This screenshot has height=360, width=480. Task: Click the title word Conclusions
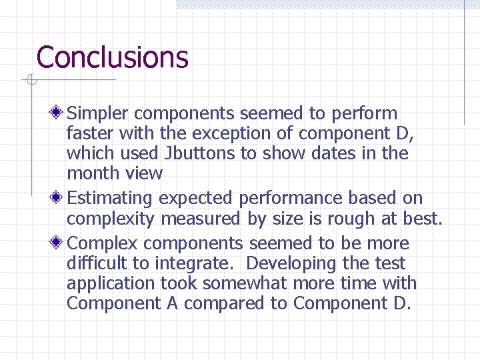point(112,57)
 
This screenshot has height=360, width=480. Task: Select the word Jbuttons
point(199,153)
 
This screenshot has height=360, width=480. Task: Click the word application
point(111,283)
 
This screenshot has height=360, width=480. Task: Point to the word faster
point(89,134)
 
